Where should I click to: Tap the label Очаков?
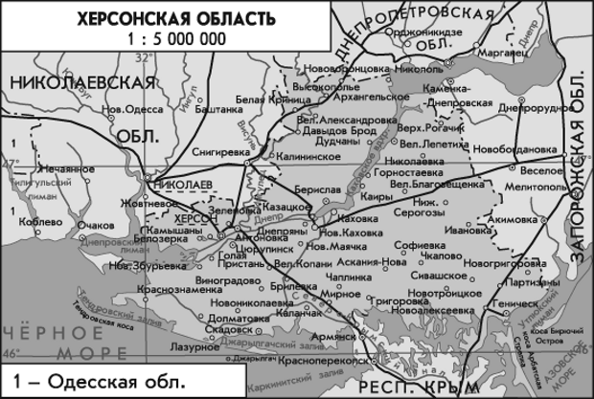[x=97, y=225]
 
